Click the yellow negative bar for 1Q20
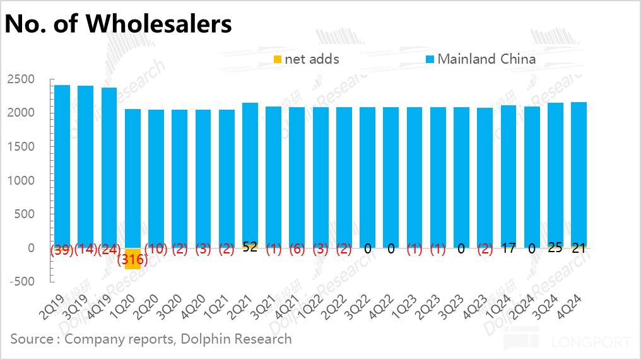click(x=132, y=258)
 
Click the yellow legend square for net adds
click(x=277, y=60)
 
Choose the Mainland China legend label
click(x=486, y=59)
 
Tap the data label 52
click(x=250, y=247)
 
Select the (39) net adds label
click(x=62, y=249)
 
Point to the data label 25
click(x=555, y=247)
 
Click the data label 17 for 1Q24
click(x=509, y=248)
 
